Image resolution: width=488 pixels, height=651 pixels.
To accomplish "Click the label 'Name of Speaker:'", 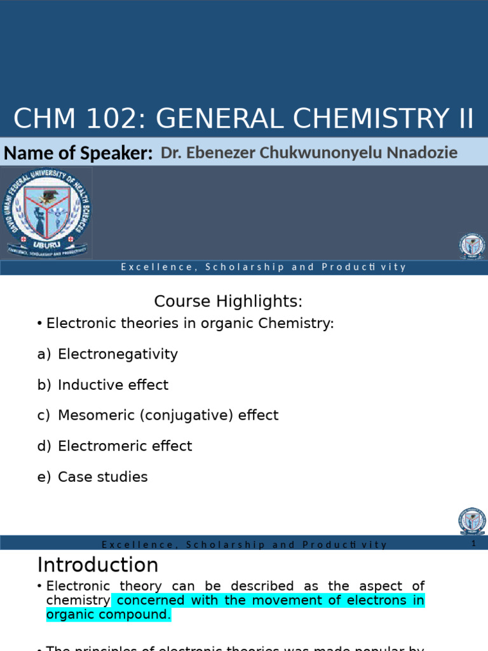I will click(x=78, y=153).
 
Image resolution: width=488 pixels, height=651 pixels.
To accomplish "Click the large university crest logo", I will click(x=48, y=213).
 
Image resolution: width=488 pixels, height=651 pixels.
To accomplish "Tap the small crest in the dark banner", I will click(x=471, y=247).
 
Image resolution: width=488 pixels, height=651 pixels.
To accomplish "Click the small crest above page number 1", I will click(x=471, y=521).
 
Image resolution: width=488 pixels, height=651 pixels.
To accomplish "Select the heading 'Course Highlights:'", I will click(x=229, y=301).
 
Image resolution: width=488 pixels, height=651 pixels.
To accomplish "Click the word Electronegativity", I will click(x=118, y=354).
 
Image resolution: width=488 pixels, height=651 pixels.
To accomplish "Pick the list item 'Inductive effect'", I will click(x=113, y=385).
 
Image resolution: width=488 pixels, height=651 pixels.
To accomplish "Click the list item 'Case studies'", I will click(x=102, y=476).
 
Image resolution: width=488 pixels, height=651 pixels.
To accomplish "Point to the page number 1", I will click(x=473, y=544).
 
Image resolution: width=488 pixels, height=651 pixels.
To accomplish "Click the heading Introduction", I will click(x=98, y=565).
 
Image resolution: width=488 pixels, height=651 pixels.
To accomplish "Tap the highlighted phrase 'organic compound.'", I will click(x=109, y=615).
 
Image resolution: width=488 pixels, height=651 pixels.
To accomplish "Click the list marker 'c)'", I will click(x=43, y=415).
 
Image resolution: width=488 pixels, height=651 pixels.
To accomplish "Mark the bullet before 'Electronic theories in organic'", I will click(x=40, y=324).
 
